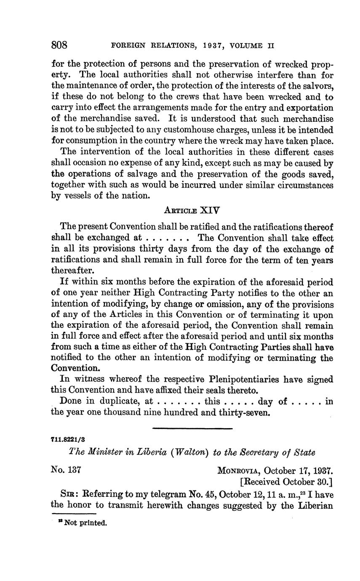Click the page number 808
click(59, 45)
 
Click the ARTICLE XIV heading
click(192, 210)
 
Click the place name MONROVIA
click(238, 470)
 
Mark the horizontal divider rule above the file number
click(192, 428)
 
